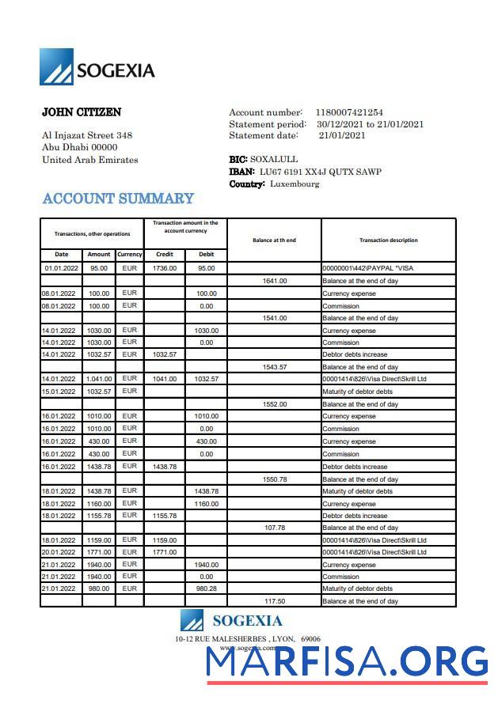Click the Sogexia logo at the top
(97, 68)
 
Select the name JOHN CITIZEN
(82, 112)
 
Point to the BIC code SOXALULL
(274, 159)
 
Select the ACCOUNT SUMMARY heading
(118, 199)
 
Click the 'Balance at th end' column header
(274, 240)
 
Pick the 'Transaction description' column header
(388, 240)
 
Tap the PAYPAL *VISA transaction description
(367, 268)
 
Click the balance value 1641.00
(274, 281)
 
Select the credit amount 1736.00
(165, 268)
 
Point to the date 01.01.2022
(61, 268)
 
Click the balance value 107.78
(274, 528)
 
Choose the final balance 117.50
(274, 601)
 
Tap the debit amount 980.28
(206, 589)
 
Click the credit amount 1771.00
(165, 552)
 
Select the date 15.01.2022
(61, 392)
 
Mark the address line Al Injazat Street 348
(86, 135)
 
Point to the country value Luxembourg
(295, 184)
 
